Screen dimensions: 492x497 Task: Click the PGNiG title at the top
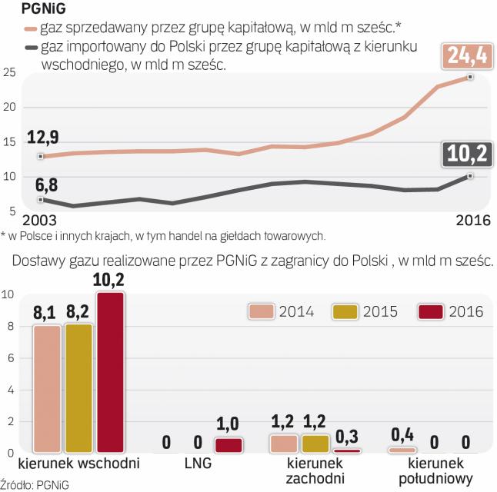pyautogui.click(x=26, y=10)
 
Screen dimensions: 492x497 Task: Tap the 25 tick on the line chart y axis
pyautogui.click(x=9, y=73)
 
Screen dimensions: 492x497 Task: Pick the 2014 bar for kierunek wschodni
pyautogui.click(x=46, y=389)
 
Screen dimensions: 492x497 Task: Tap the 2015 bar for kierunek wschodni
pyautogui.click(x=78, y=388)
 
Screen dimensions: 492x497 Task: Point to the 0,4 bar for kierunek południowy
pyautogui.click(x=402, y=449)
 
